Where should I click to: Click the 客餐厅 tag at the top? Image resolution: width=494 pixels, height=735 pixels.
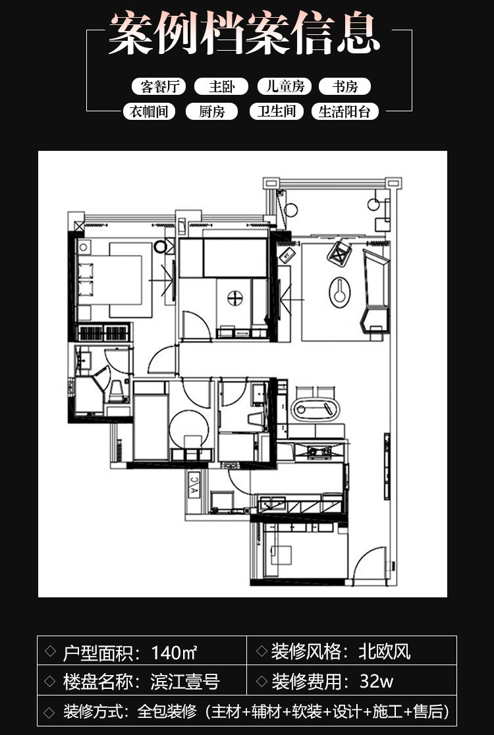(159, 86)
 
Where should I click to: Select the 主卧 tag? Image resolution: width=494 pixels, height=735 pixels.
(221, 86)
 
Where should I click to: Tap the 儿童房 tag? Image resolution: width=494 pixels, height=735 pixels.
(285, 86)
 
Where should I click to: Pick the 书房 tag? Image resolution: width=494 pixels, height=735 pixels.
(345, 86)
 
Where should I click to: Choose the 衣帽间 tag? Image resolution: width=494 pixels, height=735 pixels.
(149, 111)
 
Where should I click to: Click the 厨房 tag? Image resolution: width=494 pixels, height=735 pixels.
(212, 111)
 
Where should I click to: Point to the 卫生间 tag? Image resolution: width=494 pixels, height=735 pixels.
(277, 111)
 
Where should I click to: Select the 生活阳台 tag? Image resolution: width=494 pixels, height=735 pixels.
(345, 111)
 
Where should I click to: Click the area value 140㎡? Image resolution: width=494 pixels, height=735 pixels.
(174, 652)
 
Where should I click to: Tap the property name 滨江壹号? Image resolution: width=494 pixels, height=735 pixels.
(185, 682)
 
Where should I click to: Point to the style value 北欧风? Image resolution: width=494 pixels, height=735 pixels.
(384, 651)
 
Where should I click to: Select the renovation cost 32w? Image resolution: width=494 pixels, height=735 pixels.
(376, 681)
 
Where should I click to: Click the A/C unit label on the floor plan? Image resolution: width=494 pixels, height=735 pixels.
(194, 485)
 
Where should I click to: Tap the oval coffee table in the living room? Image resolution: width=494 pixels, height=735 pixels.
(340, 292)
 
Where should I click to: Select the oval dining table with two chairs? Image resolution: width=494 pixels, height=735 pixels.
(316, 409)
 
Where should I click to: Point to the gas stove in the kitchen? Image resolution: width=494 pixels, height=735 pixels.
(319, 452)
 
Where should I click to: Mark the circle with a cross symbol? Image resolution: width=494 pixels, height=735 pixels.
(234, 298)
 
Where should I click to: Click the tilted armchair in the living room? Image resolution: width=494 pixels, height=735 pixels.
(340, 253)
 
